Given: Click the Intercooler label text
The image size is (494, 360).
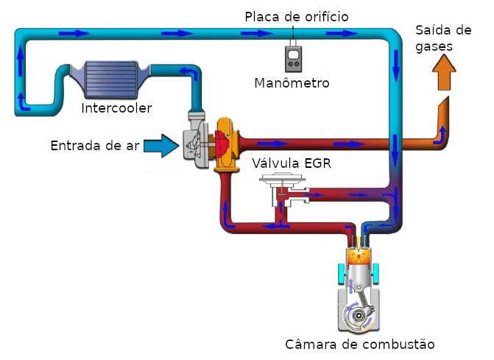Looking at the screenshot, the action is (116, 108).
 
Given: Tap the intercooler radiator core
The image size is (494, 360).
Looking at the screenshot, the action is (111, 79).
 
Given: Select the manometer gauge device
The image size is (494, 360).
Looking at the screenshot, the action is (293, 59).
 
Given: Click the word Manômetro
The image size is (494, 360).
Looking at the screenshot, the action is (292, 83).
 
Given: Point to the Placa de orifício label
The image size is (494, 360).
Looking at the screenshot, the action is (297, 17).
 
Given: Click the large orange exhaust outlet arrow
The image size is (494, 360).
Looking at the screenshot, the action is (444, 72).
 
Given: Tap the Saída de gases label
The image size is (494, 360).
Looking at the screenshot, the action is (443, 38).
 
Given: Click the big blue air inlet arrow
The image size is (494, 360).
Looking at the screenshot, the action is (161, 146).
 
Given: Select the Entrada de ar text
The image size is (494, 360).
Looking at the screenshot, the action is (95, 146).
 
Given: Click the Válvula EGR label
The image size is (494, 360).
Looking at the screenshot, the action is (292, 163).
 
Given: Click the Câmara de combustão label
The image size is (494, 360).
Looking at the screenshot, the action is (360, 345).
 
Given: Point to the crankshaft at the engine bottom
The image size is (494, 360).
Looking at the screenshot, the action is (359, 315).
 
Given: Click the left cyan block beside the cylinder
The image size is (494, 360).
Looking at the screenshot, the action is (342, 272).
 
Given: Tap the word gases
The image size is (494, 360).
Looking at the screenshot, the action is (434, 46).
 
